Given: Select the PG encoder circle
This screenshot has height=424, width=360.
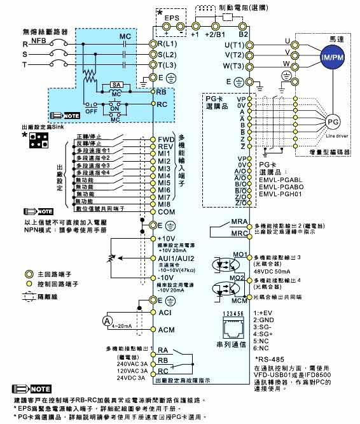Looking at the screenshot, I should pos(332,121).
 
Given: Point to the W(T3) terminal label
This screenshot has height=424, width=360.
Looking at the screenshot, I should pos(234,66).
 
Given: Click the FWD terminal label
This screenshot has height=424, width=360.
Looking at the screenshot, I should pos(167,138).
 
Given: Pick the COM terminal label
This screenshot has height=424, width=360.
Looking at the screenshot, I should pos(167,211).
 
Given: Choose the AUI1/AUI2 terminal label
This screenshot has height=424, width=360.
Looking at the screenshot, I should pos(176,258).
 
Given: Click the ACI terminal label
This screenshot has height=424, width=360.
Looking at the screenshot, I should pos(165,314).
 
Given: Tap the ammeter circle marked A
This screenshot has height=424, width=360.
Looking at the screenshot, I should pos(108,320).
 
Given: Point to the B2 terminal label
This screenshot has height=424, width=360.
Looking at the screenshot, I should pos(244,35).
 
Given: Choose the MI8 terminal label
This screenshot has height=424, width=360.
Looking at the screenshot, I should pos(166,204).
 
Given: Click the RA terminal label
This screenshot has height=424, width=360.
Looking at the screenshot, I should pos(163,350).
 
